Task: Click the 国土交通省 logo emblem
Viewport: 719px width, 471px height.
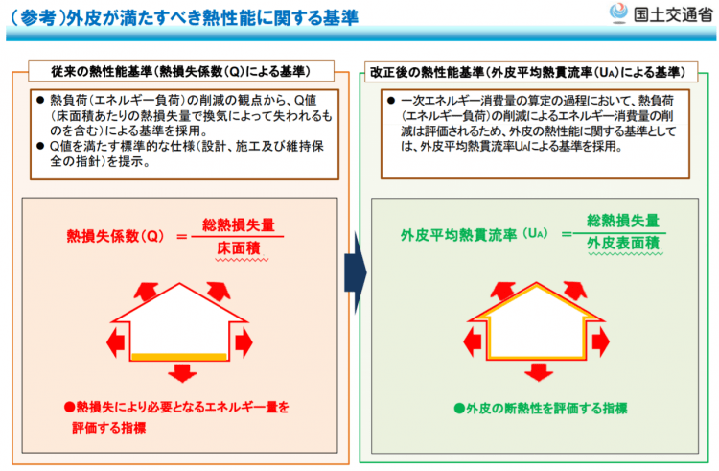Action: [618, 12]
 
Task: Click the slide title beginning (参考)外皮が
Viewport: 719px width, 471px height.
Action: [184, 18]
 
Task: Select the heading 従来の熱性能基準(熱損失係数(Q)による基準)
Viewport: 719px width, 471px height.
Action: [181, 72]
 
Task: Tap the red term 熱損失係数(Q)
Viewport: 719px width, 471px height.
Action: [115, 236]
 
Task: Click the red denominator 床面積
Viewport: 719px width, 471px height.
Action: [239, 248]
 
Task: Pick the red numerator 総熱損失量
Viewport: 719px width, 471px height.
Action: [239, 224]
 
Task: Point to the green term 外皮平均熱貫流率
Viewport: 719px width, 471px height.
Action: [458, 235]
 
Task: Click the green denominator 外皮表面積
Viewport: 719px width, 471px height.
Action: [623, 243]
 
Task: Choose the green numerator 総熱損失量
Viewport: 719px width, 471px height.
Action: [623, 221]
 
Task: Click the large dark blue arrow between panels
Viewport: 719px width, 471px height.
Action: [356, 272]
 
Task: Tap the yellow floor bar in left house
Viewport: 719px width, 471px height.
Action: [179, 356]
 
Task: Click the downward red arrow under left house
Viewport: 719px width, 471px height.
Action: [182, 373]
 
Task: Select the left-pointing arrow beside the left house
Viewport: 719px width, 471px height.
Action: [116, 342]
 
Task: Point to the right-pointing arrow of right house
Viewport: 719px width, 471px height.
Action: [601, 341]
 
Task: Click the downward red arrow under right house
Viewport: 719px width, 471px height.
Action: [539, 372]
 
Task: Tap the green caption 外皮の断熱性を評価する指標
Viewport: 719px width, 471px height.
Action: [541, 409]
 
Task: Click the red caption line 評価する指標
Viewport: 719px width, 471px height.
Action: [108, 428]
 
